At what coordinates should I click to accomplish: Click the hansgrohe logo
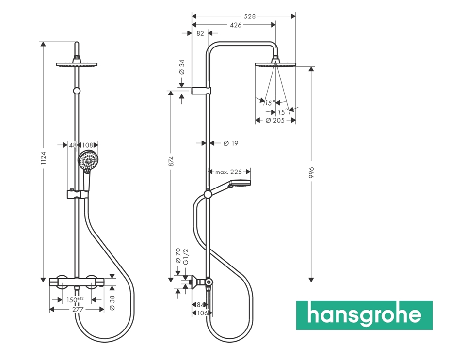[x=364, y=315]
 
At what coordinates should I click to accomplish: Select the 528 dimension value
[x=250, y=16]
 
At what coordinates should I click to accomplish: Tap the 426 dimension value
[x=236, y=25]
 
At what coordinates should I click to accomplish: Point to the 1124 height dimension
[x=43, y=158]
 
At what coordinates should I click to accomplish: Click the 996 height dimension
[x=311, y=172]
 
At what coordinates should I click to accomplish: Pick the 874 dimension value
[x=171, y=161]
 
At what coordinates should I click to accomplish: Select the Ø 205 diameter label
[x=275, y=120]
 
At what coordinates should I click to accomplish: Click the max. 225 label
[x=228, y=172]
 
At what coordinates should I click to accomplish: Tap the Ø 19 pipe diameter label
[x=231, y=143]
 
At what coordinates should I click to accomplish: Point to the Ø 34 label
[x=182, y=67]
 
